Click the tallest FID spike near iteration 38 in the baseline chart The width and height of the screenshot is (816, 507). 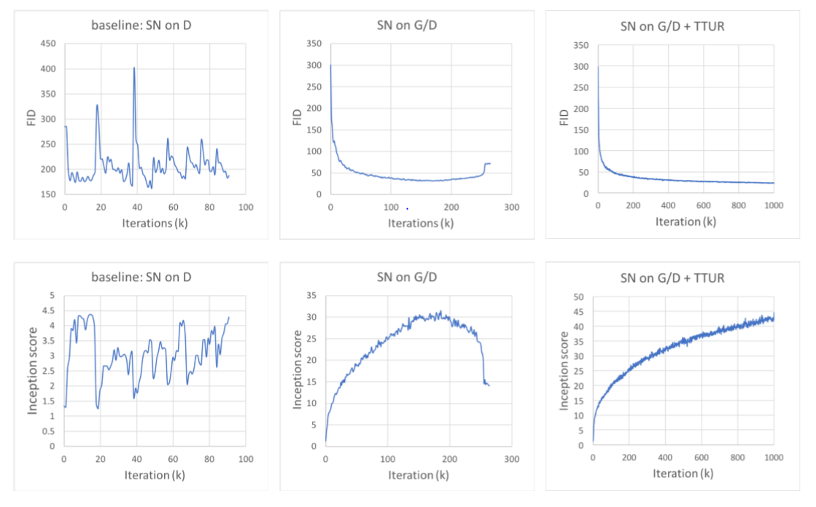[134, 68]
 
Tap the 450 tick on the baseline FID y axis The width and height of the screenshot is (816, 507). [48, 43]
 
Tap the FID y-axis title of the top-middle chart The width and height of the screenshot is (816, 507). [297, 117]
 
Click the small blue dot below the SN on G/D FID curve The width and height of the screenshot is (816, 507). [407, 208]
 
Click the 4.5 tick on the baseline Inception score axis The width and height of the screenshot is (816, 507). [50, 310]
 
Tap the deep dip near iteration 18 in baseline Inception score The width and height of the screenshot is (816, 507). [98, 408]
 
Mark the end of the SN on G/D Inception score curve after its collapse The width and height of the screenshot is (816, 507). [489, 385]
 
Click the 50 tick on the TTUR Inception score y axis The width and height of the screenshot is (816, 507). [578, 297]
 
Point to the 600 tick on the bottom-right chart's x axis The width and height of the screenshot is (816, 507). [702, 458]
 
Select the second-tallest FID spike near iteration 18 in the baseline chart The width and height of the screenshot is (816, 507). [97, 106]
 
